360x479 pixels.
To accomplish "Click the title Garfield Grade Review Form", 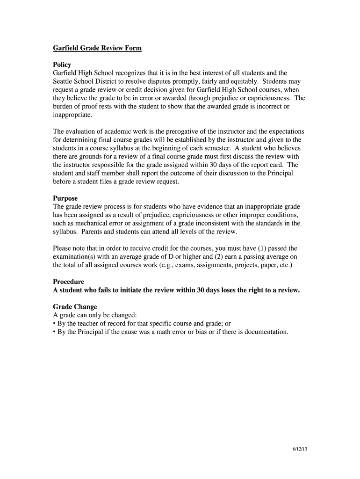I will tap(97, 48).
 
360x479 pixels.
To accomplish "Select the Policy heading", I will tap(62, 65).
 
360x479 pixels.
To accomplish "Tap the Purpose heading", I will tap(65, 198).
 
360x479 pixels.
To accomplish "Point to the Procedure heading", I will tap(69, 282).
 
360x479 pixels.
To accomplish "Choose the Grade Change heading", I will tap(75, 307).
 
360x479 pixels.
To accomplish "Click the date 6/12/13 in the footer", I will tap(300, 450).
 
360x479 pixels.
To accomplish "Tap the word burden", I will tap(64, 107).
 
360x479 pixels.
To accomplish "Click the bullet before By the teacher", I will tap(55, 324).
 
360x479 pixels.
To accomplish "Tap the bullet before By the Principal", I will tap(55, 332).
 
